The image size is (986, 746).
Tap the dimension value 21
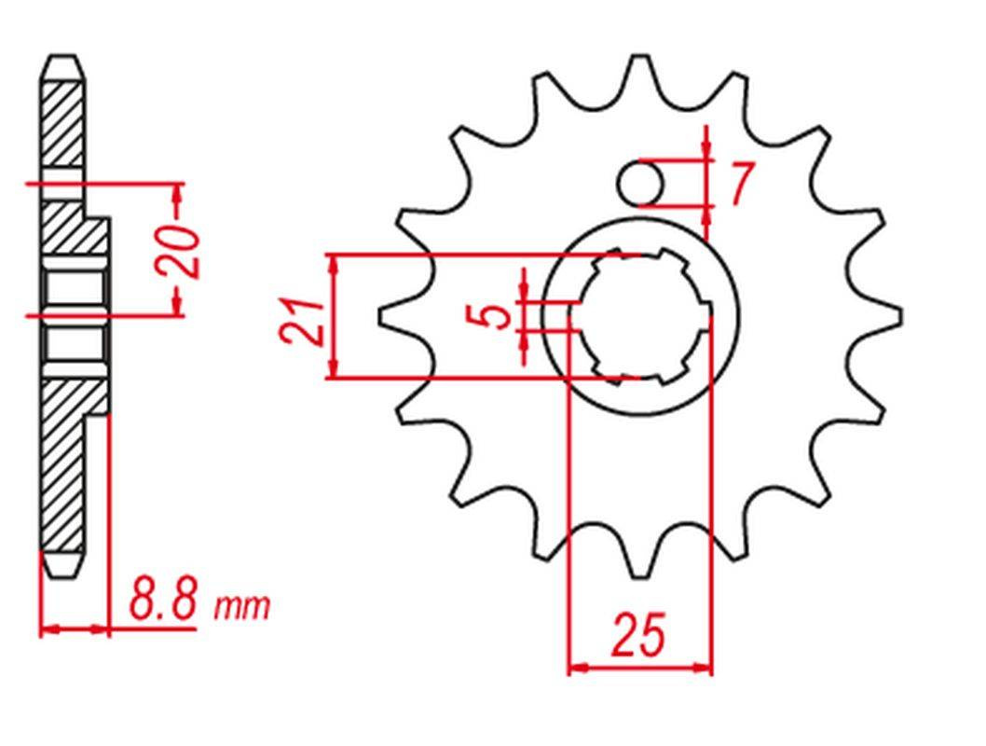click(x=303, y=322)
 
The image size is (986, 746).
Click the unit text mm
click(x=242, y=606)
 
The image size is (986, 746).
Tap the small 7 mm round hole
click(x=639, y=184)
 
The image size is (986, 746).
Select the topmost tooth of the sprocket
click(x=640, y=76)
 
